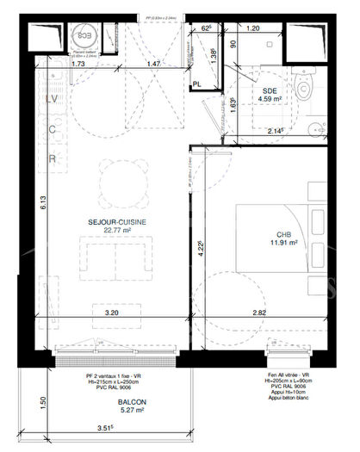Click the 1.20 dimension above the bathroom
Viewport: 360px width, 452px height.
click(253, 29)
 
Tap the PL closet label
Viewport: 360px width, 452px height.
click(197, 84)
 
